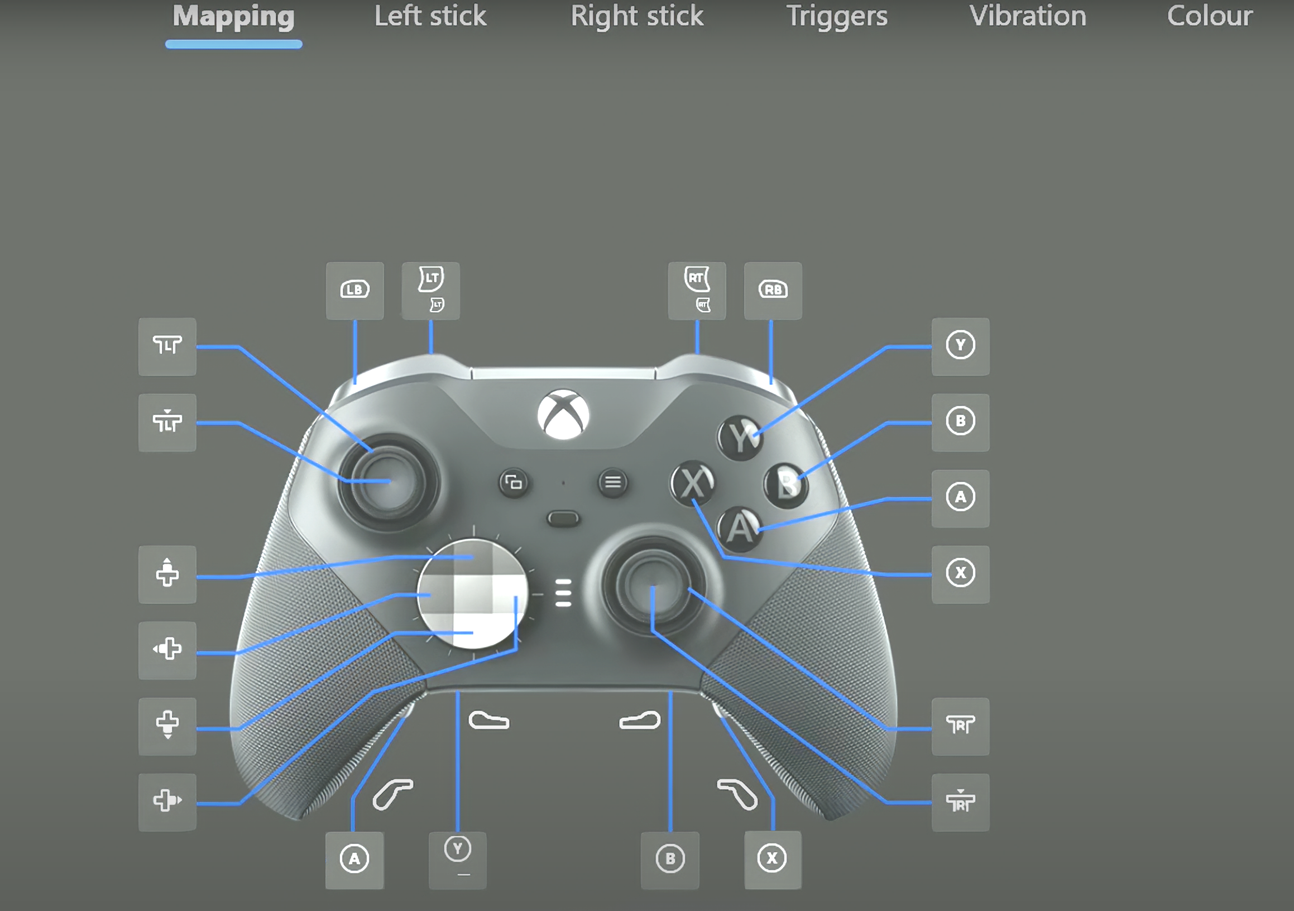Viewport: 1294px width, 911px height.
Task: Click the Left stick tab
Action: pos(430,16)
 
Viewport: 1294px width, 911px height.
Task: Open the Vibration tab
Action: pos(1028,16)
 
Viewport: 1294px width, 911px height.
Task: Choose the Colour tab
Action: pos(1210,16)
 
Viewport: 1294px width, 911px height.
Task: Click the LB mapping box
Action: pos(354,290)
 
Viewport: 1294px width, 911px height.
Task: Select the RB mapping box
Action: pos(773,290)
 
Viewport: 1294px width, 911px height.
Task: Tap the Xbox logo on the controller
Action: pos(563,414)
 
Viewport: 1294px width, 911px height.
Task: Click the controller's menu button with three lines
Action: pos(612,483)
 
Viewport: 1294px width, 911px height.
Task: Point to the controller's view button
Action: pos(514,483)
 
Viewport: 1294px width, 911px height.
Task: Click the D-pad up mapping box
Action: pos(167,574)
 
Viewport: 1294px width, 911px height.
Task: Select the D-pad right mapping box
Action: pos(167,802)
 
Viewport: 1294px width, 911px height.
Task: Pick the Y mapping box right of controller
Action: pos(960,346)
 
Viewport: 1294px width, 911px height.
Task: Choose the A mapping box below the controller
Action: pos(354,860)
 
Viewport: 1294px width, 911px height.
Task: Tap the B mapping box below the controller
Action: pos(670,860)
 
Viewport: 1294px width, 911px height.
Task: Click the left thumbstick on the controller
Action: pos(389,482)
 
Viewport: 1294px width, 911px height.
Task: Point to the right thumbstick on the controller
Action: pos(653,586)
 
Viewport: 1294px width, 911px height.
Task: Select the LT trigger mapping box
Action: pos(430,290)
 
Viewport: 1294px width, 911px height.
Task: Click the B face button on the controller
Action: pos(786,485)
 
